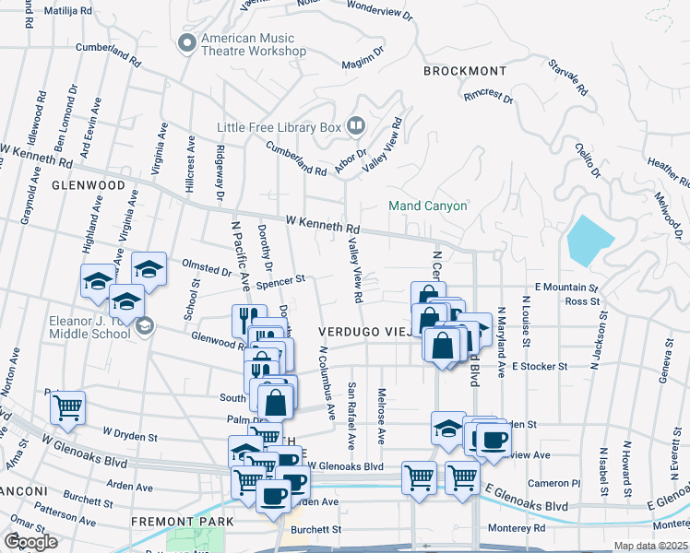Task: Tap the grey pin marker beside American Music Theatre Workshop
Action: (x=187, y=43)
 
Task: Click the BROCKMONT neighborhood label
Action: (x=465, y=71)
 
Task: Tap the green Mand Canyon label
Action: (x=427, y=206)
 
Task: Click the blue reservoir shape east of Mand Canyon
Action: (x=590, y=240)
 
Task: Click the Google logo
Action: (x=30, y=542)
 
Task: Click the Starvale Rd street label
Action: (x=567, y=78)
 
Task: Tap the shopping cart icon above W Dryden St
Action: (x=67, y=405)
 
